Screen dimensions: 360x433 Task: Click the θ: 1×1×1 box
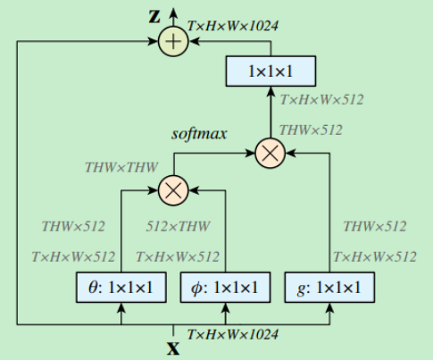[120, 288]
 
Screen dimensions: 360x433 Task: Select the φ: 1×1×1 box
[225, 288]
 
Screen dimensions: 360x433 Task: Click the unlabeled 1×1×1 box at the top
[270, 71]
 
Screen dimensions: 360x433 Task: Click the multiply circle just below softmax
[270, 154]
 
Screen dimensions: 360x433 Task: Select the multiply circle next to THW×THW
[171, 189]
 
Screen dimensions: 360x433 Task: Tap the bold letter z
[153, 17]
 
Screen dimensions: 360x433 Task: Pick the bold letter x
[173, 348]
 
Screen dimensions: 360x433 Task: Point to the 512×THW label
[177, 226]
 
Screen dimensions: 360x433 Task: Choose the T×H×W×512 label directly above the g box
[374, 256]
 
